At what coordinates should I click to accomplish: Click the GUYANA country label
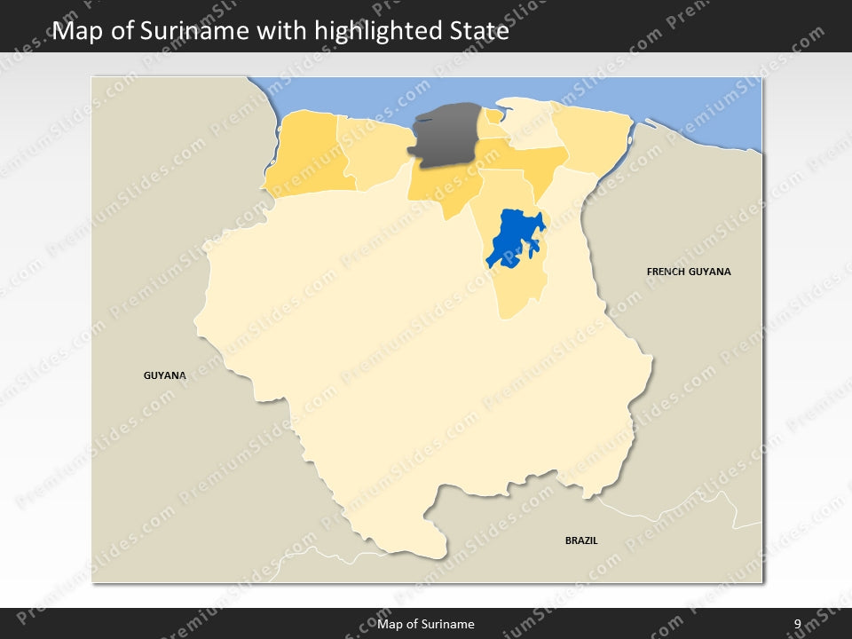coord(165,375)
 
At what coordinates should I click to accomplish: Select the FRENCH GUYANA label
coord(689,272)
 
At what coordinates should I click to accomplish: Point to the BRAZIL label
coord(581,540)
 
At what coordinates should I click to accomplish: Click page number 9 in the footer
coord(797,624)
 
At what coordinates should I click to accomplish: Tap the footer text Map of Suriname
coord(426,624)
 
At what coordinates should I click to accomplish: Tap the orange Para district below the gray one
coord(444,186)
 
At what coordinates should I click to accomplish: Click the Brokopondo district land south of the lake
coord(515,288)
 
